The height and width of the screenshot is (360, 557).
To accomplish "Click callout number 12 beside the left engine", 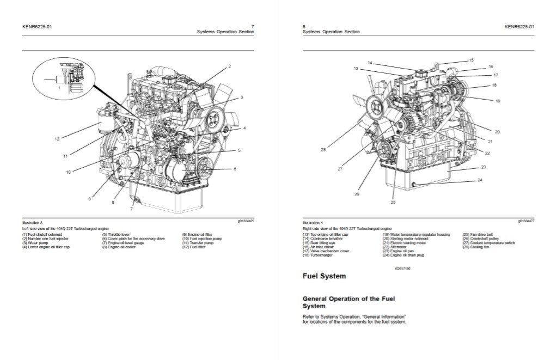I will click(57, 139).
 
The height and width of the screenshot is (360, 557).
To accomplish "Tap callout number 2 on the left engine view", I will click(229, 66).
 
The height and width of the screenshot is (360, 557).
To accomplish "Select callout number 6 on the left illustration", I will click(235, 169).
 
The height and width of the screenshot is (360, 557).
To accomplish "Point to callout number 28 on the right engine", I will click(323, 150).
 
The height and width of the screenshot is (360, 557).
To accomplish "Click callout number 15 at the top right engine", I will click(471, 60).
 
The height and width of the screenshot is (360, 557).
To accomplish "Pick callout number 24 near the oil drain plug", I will click(480, 180).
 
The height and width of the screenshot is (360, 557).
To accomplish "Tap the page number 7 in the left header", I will click(252, 27).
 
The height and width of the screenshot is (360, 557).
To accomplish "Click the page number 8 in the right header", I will click(303, 27).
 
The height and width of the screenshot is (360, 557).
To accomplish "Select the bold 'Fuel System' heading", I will click(324, 276).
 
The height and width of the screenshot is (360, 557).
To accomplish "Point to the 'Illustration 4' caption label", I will click(313, 223).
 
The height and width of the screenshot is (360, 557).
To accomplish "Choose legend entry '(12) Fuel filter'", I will click(194, 247).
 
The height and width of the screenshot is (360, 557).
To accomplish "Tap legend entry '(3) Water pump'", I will click(35, 243).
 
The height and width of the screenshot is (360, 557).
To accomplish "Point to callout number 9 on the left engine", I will click(90, 199).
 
